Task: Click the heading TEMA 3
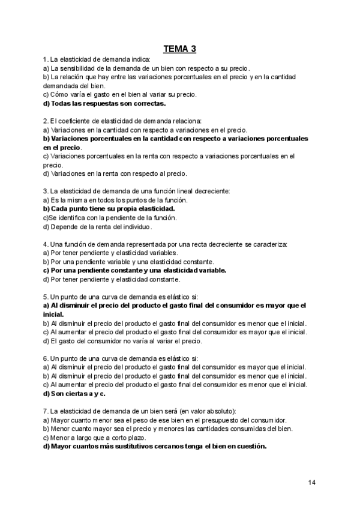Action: point(179,49)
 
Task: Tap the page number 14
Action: point(311,483)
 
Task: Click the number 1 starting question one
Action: point(45,60)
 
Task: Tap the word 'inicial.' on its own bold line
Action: point(54,314)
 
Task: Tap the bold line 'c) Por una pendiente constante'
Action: point(134,270)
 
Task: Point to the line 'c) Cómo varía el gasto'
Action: point(120,94)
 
